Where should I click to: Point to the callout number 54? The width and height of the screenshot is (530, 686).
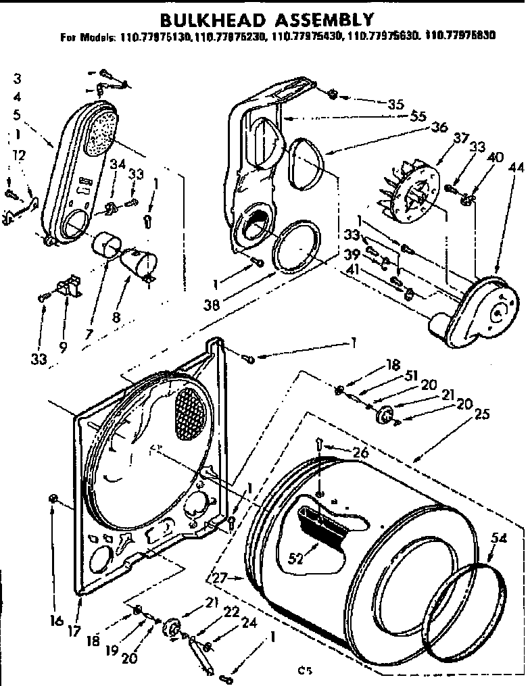(499, 537)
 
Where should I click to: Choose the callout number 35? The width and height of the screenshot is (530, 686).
(395, 104)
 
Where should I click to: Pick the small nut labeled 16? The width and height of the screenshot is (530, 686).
(52, 499)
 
